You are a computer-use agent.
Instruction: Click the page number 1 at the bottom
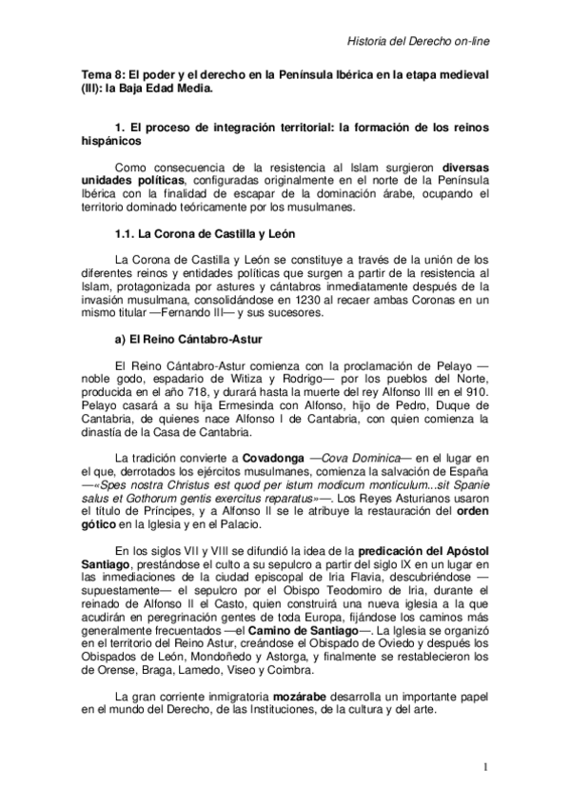tap(485, 767)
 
